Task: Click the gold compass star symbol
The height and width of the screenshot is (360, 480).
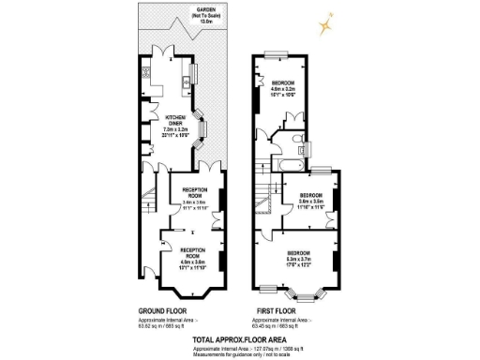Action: click(324, 21)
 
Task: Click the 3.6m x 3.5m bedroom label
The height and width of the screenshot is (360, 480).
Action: click(311, 202)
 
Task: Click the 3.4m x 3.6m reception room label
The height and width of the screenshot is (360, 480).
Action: click(194, 202)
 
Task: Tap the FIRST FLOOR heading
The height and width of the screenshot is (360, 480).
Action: click(279, 310)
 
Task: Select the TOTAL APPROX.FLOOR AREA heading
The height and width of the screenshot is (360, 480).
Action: click(239, 338)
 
